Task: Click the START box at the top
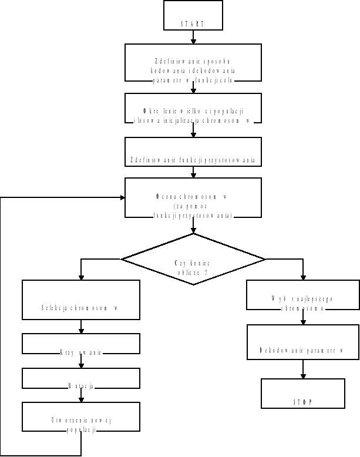tap(193, 15)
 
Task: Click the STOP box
tap(302, 393)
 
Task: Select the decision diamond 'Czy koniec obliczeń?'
tap(193, 258)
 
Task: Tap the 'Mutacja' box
tap(81, 378)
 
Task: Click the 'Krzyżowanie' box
tap(81, 344)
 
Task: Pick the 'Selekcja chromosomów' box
tap(81, 300)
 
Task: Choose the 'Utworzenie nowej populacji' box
tap(81, 416)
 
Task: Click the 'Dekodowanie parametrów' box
tap(302, 342)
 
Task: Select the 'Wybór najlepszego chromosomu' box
tap(302, 294)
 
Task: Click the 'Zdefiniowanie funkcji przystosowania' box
tap(193, 152)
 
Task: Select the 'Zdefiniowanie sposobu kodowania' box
tap(193, 63)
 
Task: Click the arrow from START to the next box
tap(193, 36)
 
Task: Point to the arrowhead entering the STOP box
tap(302, 375)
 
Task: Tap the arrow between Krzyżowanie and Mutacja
tap(81, 361)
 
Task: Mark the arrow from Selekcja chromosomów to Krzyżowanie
tap(81, 327)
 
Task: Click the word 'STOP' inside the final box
tap(302, 402)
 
